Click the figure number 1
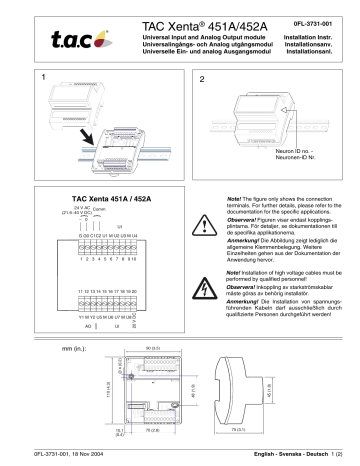point(43,77)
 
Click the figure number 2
point(202,77)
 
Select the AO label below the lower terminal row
point(87,327)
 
